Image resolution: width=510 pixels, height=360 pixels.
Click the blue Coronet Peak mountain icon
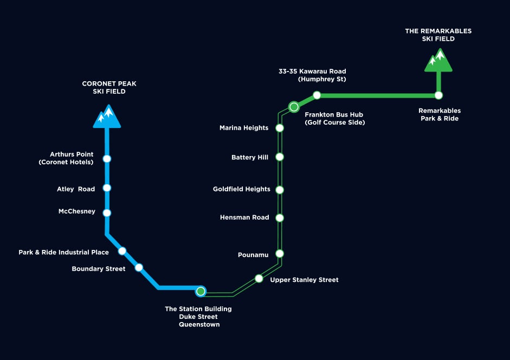tap(107, 117)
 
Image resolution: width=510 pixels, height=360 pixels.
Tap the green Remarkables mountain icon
tap(438, 60)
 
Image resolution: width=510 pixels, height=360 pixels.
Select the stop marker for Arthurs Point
tap(107, 158)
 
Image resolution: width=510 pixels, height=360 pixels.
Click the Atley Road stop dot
tap(107, 188)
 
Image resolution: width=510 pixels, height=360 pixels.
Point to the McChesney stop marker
tap(107, 213)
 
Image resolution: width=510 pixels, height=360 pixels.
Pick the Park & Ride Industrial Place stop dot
tap(122, 251)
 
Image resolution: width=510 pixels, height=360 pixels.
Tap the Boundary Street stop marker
tap(139, 267)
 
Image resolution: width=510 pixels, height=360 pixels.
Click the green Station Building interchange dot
tap(201, 291)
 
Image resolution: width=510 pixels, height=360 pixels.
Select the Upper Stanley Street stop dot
tap(259, 279)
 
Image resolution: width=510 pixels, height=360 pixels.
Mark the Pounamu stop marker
tap(280, 254)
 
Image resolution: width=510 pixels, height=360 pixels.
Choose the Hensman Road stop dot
tap(280, 218)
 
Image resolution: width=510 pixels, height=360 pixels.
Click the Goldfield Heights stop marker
tap(280, 190)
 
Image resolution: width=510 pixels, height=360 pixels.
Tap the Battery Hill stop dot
tap(280, 157)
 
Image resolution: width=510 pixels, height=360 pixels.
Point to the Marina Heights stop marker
tap(280, 128)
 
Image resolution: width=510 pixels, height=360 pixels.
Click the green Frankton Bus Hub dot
tap(294, 107)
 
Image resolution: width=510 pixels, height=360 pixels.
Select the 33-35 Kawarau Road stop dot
tap(317, 95)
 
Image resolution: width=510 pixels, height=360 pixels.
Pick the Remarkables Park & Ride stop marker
tap(439, 95)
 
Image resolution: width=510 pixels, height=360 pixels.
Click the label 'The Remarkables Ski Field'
tap(438, 35)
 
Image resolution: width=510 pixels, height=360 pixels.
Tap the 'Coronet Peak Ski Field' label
tap(109, 87)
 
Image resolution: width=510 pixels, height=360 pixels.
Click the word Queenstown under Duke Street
tap(199, 325)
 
